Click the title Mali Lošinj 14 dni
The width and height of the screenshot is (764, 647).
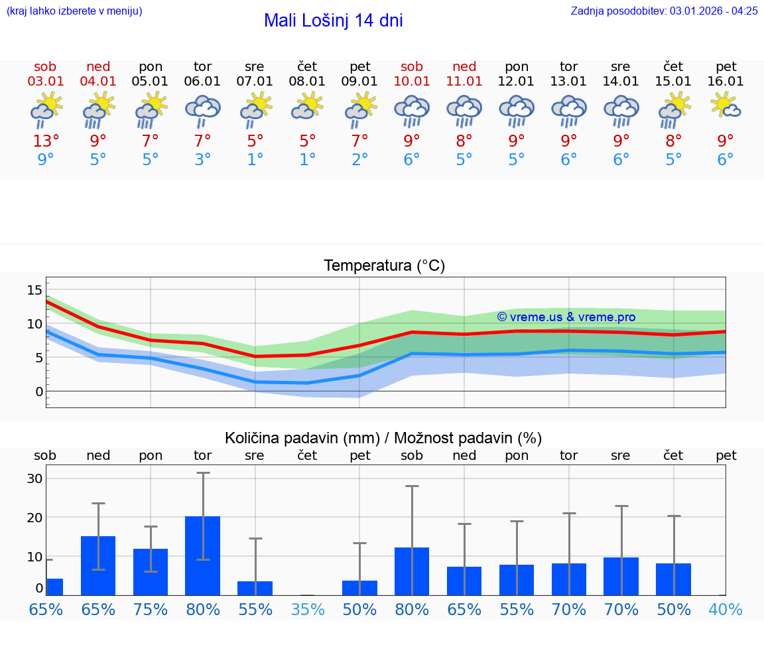pyautogui.click(x=333, y=21)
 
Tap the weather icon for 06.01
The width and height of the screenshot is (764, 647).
pyautogui.click(x=202, y=111)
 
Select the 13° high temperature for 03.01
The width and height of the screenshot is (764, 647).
pyautogui.click(x=46, y=141)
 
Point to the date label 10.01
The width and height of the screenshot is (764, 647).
pyautogui.click(x=412, y=82)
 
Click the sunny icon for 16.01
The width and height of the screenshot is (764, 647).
pyautogui.click(x=726, y=106)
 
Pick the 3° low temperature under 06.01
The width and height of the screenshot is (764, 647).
pyautogui.click(x=202, y=160)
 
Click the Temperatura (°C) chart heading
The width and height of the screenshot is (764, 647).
pyautogui.click(x=384, y=266)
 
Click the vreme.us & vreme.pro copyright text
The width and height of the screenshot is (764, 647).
pyautogui.click(x=566, y=317)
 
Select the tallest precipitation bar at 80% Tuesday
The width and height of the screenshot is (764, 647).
pyautogui.click(x=202, y=555)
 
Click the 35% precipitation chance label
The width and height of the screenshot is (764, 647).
pyautogui.click(x=307, y=610)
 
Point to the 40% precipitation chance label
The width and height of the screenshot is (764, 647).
pyautogui.click(x=726, y=610)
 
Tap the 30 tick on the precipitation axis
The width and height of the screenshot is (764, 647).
pyautogui.click(x=34, y=478)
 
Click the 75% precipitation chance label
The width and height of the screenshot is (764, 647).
pyautogui.click(x=151, y=610)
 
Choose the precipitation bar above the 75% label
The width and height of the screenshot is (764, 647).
pyautogui.click(x=151, y=571)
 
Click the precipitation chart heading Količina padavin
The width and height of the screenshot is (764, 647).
pyautogui.click(x=383, y=438)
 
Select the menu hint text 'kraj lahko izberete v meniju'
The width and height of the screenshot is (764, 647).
pyautogui.click(x=74, y=11)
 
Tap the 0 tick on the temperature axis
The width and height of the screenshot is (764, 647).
pyautogui.click(x=39, y=392)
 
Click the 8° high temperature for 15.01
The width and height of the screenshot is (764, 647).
pyautogui.click(x=673, y=141)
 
